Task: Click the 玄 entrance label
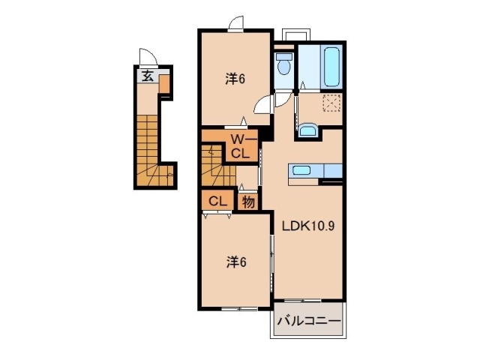(148, 76)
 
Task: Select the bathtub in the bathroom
(331, 67)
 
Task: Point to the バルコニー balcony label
(308, 321)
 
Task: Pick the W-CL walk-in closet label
(241, 147)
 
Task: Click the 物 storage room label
(248, 202)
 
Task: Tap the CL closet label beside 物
(217, 202)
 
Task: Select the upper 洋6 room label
(235, 79)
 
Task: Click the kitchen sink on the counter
(301, 170)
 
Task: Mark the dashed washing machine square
(331, 103)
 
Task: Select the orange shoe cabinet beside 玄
(164, 84)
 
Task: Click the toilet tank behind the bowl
(283, 57)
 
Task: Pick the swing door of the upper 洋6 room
(263, 104)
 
